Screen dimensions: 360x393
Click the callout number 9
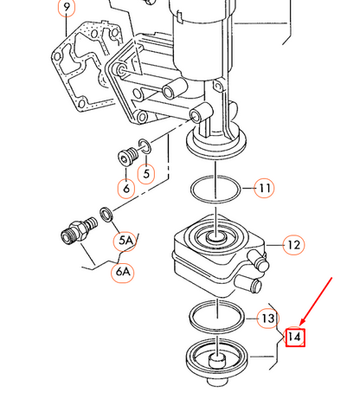[67, 7]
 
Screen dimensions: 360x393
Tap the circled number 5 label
[146, 174]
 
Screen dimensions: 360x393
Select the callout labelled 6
[126, 189]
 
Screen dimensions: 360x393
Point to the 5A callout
[125, 241]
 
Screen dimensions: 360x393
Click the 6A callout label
[123, 272]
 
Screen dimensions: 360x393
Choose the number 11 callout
[264, 188]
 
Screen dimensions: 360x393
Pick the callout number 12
[293, 245]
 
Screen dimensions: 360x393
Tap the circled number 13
[267, 319]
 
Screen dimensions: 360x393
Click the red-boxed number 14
[295, 337]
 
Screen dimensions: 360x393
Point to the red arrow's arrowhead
[302, 323]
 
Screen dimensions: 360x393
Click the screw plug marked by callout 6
[128, 157]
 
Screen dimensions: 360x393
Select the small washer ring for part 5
[145, 147]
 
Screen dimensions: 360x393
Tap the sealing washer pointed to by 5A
[106, 215]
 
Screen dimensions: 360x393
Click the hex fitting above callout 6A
[79, 232]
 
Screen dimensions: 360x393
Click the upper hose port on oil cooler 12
[259, 261]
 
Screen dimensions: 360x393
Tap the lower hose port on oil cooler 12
[249, 284]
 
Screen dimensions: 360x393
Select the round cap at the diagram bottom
[217, 362]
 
